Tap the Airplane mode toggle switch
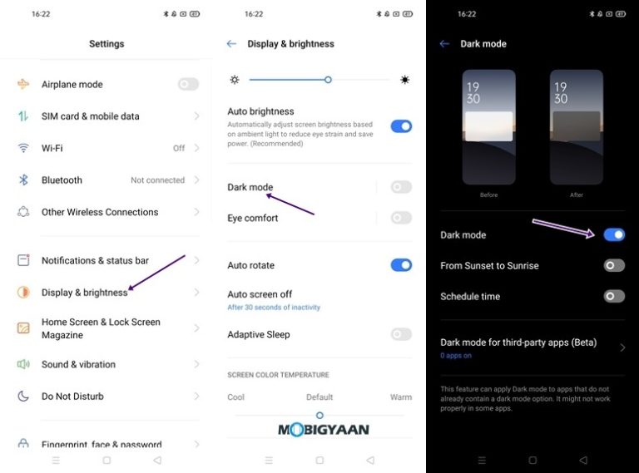pos(188,84)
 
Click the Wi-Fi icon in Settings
pos(23,148)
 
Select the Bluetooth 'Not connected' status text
pos(157,180)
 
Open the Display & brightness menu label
pos(84,293)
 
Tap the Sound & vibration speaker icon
pos(23,364)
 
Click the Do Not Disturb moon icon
pos(23,397)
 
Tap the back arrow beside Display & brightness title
pos(231,44)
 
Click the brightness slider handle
pos(329,80)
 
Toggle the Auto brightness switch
pos(401,126)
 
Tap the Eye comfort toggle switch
pos(401,218)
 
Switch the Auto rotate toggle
pos(401,265)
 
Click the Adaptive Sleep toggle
pos(401,334)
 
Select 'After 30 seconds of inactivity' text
pos(274,308)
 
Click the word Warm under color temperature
pos(401,397)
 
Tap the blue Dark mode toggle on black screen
pos(614,235)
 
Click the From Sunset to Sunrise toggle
pos(614,266)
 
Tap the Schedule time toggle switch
pos(614,296)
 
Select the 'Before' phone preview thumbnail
pos(488,126)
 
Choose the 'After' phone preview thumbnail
pos(577,126)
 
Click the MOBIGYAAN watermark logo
pos(323,430)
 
